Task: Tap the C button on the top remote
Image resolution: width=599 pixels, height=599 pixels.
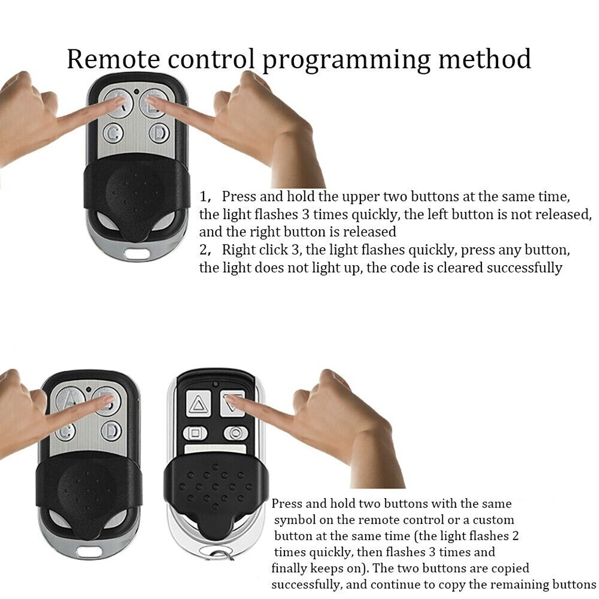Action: pyautogui.click(x=114, y=133)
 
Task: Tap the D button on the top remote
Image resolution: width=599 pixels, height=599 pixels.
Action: pyautogui.click(x=159, y=133)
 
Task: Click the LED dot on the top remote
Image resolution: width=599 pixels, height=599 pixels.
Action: pyautogui.click(x=136, y=92)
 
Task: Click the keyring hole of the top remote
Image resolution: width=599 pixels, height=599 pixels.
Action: pyautogui.click(x=136, y=253)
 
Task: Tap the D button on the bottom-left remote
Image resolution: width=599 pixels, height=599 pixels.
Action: pyautogui.click(x=111, y=430)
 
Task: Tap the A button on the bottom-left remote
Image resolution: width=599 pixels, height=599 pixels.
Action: pyautogui.click(x=69, y=400)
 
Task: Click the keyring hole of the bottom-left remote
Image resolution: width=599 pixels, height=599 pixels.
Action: pyautogui.click(x=89, y=552)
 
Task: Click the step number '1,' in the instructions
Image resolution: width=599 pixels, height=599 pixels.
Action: pyautogui.click(x=205, y=197)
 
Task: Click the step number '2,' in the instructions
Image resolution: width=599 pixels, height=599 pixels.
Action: pyautogui.click(x=205, y=250)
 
